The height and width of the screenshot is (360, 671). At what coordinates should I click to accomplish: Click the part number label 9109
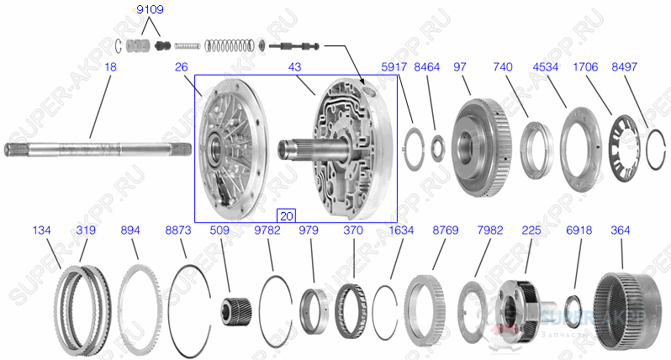pos(152,10)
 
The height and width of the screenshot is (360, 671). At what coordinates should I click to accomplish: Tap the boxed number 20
pos(287,215)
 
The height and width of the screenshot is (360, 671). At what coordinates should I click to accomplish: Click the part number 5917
pos(393,66)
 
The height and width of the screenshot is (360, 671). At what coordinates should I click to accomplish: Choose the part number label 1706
pos(586,66)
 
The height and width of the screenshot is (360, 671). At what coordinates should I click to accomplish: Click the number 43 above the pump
pos(295,66)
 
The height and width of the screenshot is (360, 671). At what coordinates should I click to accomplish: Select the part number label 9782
pos(267,230)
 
